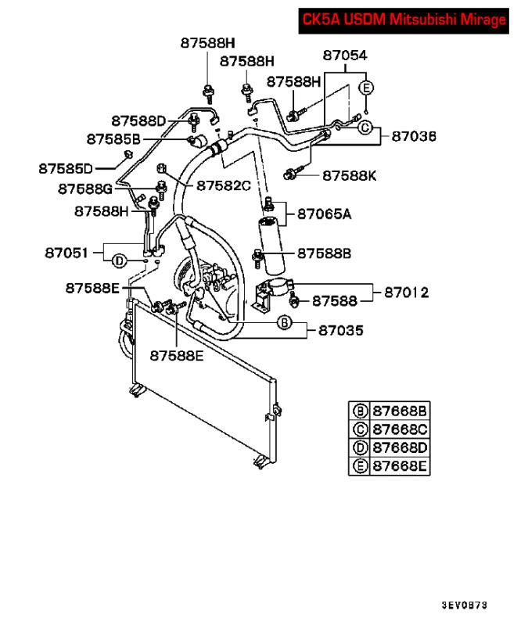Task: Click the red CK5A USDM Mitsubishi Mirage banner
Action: (403, 20)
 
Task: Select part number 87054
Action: (345, 56)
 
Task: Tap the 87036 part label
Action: (414, 136)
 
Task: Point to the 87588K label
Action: (349, 175)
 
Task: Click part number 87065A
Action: (324, 214)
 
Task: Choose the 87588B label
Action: (324, 253)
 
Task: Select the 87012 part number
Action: (407, 293)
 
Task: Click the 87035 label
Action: (341, 330)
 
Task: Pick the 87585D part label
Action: (66, 167)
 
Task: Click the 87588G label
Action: (84, 189)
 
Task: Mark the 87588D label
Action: (138, 120)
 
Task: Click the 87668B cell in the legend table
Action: (400, 411)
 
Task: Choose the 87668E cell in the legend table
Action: (400, 467)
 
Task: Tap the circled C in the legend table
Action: (361, 430)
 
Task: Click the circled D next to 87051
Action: (119, 260)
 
